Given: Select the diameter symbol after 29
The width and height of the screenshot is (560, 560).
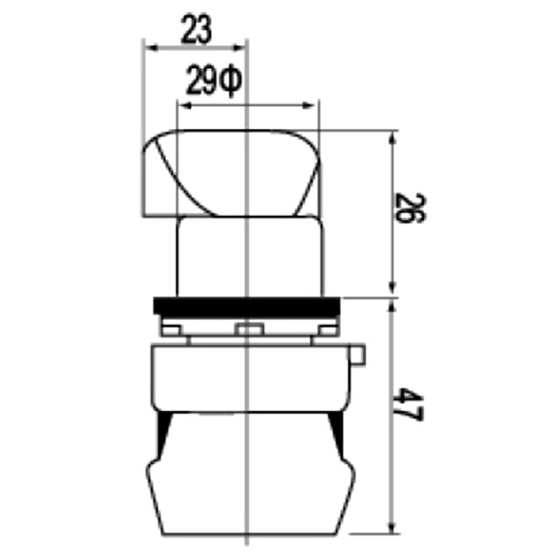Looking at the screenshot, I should (x=230, y=83).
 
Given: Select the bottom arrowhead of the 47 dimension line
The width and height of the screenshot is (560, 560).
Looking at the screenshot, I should (x=391, y=528).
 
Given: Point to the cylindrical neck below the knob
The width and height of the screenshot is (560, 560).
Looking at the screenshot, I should (x=248, y=255).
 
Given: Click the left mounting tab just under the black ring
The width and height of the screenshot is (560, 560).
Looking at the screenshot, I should (x=172, y=327).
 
